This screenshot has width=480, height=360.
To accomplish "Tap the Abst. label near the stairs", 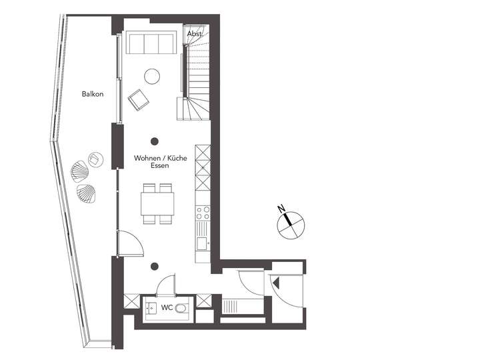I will (x=195, y=33).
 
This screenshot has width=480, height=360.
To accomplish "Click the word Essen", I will (x=159, y=166).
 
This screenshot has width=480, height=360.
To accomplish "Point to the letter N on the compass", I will (x=283, y=209).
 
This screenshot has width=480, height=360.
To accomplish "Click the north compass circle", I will (x=291, y=224).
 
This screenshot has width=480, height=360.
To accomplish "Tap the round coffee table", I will (x=153, y=76).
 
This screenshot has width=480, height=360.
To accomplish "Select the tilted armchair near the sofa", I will (x=139, y=100).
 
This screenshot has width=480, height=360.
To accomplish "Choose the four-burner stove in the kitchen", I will (x=203, y=213).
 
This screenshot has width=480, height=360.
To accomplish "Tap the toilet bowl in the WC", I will (x=183, y=308).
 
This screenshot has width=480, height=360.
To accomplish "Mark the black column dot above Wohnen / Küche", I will (x=154, y=141).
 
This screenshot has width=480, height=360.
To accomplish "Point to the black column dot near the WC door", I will (x=154, y=267).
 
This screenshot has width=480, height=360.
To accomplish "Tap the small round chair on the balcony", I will (x=96, y=159).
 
